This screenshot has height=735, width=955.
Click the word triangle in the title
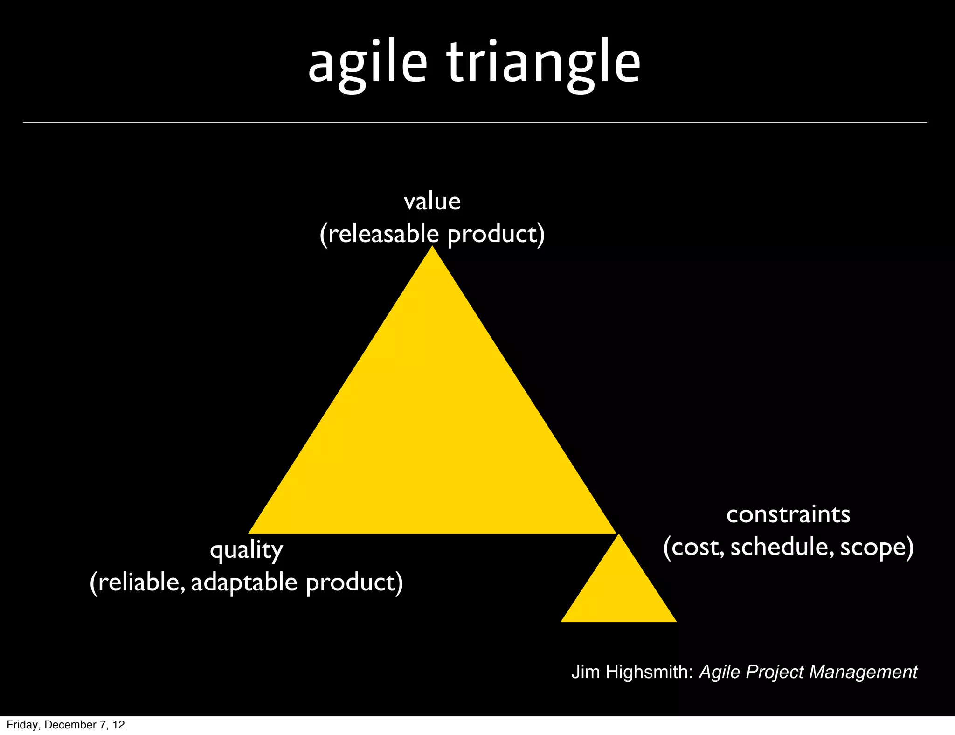tap(544, 63)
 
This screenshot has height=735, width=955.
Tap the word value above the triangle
tap(432, 202)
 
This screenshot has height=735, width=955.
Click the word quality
tap(246, 551)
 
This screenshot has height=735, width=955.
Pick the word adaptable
tap(244, 582)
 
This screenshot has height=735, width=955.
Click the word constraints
tap(788, 514)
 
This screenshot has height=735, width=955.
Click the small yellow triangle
tap(618, 592)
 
